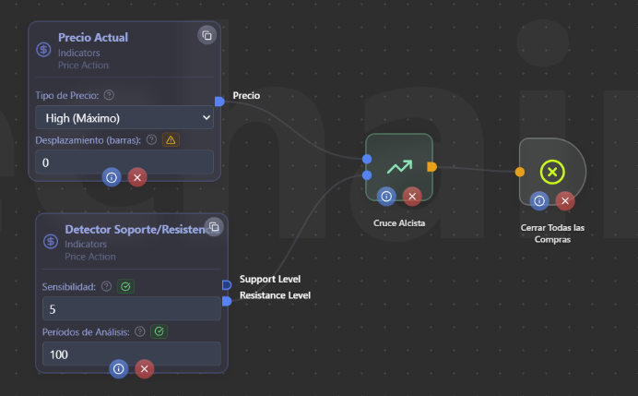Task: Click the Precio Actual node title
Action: (93, 38)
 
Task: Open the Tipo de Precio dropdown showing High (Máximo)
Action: (124, 117)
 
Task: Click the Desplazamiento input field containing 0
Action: (124, 162)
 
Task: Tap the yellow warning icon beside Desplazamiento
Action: (171, 140)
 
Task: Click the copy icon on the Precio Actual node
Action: (207, 35)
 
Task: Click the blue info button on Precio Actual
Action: (112, 176)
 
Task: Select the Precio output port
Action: (219, 101)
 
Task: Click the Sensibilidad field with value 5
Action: (132, 308)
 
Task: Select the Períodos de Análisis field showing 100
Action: (132, 354)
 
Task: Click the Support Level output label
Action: (270, 279)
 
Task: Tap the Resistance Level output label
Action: (275, 295)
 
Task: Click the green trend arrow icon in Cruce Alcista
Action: (399, 167)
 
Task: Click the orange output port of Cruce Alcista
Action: (432, 167)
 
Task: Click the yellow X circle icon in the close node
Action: (551, 171)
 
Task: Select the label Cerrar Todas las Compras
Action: (551, 233)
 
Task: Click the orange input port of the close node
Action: (520, 172)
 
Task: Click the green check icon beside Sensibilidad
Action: (126, 286)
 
